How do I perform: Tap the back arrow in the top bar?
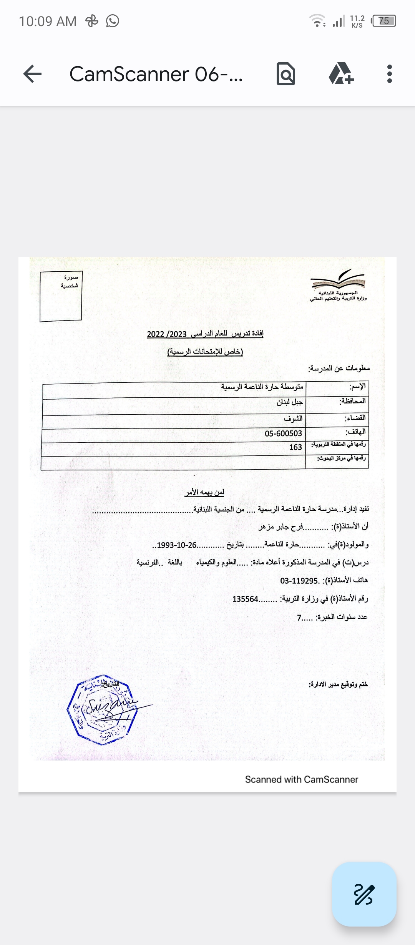tap(32, 74)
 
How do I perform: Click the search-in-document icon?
tap(286, 74)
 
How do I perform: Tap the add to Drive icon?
tap(341, 74)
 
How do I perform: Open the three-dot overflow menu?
tap(390, 74)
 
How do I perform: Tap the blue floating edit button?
tap(364, 894)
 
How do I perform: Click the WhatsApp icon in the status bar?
tap(113, 21)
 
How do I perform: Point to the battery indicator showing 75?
tap(383, 21)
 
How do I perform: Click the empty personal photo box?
tap(61, 296)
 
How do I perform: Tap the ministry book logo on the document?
tap(338, 280)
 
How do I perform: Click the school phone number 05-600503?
tap(283, 433)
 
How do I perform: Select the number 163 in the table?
tap(295, 447)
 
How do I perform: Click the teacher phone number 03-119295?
tap(299, 581)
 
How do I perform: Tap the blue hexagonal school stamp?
tap(102, 709)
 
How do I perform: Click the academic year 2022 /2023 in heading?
tap(167, 334)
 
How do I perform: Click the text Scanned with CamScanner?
tap(301, 779)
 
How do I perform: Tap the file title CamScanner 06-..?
tap(156, 74)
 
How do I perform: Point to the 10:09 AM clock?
tap(48, 21)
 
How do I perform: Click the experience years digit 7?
tap(299, 618)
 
